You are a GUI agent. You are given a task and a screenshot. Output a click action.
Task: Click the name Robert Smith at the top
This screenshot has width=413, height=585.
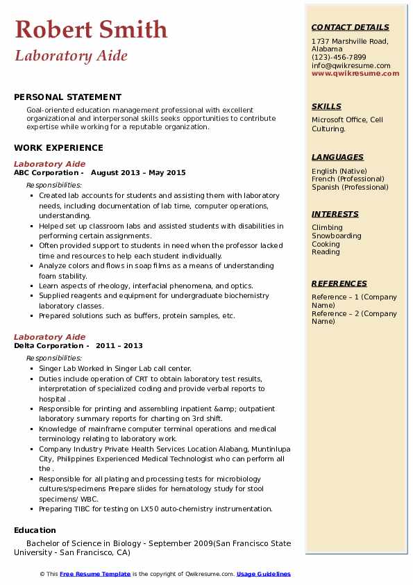click(x=91, y=29)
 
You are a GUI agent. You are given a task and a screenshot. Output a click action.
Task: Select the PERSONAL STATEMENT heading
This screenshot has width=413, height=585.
click(x=67, y=97)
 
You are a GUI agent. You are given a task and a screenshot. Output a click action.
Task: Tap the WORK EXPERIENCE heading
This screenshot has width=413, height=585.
click(x=58, y=147)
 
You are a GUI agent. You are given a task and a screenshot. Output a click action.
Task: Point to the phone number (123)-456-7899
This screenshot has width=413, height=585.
click(x=339, y=58)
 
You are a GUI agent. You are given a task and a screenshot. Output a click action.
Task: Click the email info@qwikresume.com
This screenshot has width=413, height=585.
click(x=351, y=65)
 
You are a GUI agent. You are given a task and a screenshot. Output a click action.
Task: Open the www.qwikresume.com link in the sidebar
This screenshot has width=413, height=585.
click(x=355, y=73)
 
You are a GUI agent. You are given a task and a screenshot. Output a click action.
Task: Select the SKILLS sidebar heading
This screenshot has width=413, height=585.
click(x=326, y=106)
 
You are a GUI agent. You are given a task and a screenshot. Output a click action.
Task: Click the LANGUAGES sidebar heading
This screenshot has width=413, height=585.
click(x=337, y=157)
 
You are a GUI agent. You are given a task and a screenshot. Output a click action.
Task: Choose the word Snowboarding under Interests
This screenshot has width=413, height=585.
click(x=337, y=236)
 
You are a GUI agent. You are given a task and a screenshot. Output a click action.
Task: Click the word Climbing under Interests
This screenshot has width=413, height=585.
click(x=327, y=227)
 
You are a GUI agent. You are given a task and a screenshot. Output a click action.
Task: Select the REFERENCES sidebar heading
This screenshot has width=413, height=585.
click(x=339, y=283)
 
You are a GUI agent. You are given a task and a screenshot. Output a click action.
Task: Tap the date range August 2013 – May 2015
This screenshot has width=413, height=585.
click(x=138, y=172)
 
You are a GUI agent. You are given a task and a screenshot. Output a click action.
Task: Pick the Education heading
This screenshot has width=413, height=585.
click(x=35, y=530)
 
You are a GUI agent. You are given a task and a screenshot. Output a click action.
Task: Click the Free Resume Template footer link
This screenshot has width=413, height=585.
click(x=95, y=574)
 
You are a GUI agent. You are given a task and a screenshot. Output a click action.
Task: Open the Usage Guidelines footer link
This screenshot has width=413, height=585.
click(x=264, y=574)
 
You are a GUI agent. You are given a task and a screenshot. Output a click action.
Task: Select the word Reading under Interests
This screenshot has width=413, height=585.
click(x=326, y=252)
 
